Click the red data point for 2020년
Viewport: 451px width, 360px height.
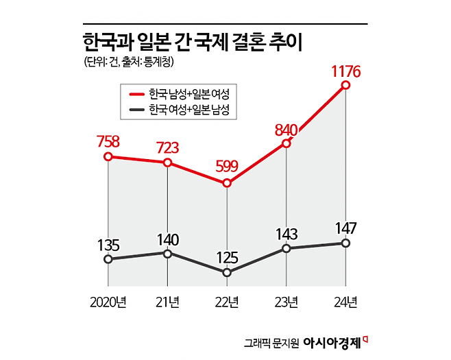108,157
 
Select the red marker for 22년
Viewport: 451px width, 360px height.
227,183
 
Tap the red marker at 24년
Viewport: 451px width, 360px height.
345,85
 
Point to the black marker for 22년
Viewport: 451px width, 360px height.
227,272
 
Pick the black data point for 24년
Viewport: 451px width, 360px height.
345,243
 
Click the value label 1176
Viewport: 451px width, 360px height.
345,69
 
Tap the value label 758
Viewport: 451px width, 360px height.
108,142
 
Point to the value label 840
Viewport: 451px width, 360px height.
285,130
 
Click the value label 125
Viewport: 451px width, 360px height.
227,258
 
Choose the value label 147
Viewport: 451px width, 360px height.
345,228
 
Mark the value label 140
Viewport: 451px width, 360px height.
168,239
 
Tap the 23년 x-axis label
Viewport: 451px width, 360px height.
286,302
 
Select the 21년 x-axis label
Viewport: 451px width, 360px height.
168,302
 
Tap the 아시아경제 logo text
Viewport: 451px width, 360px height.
332,341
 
